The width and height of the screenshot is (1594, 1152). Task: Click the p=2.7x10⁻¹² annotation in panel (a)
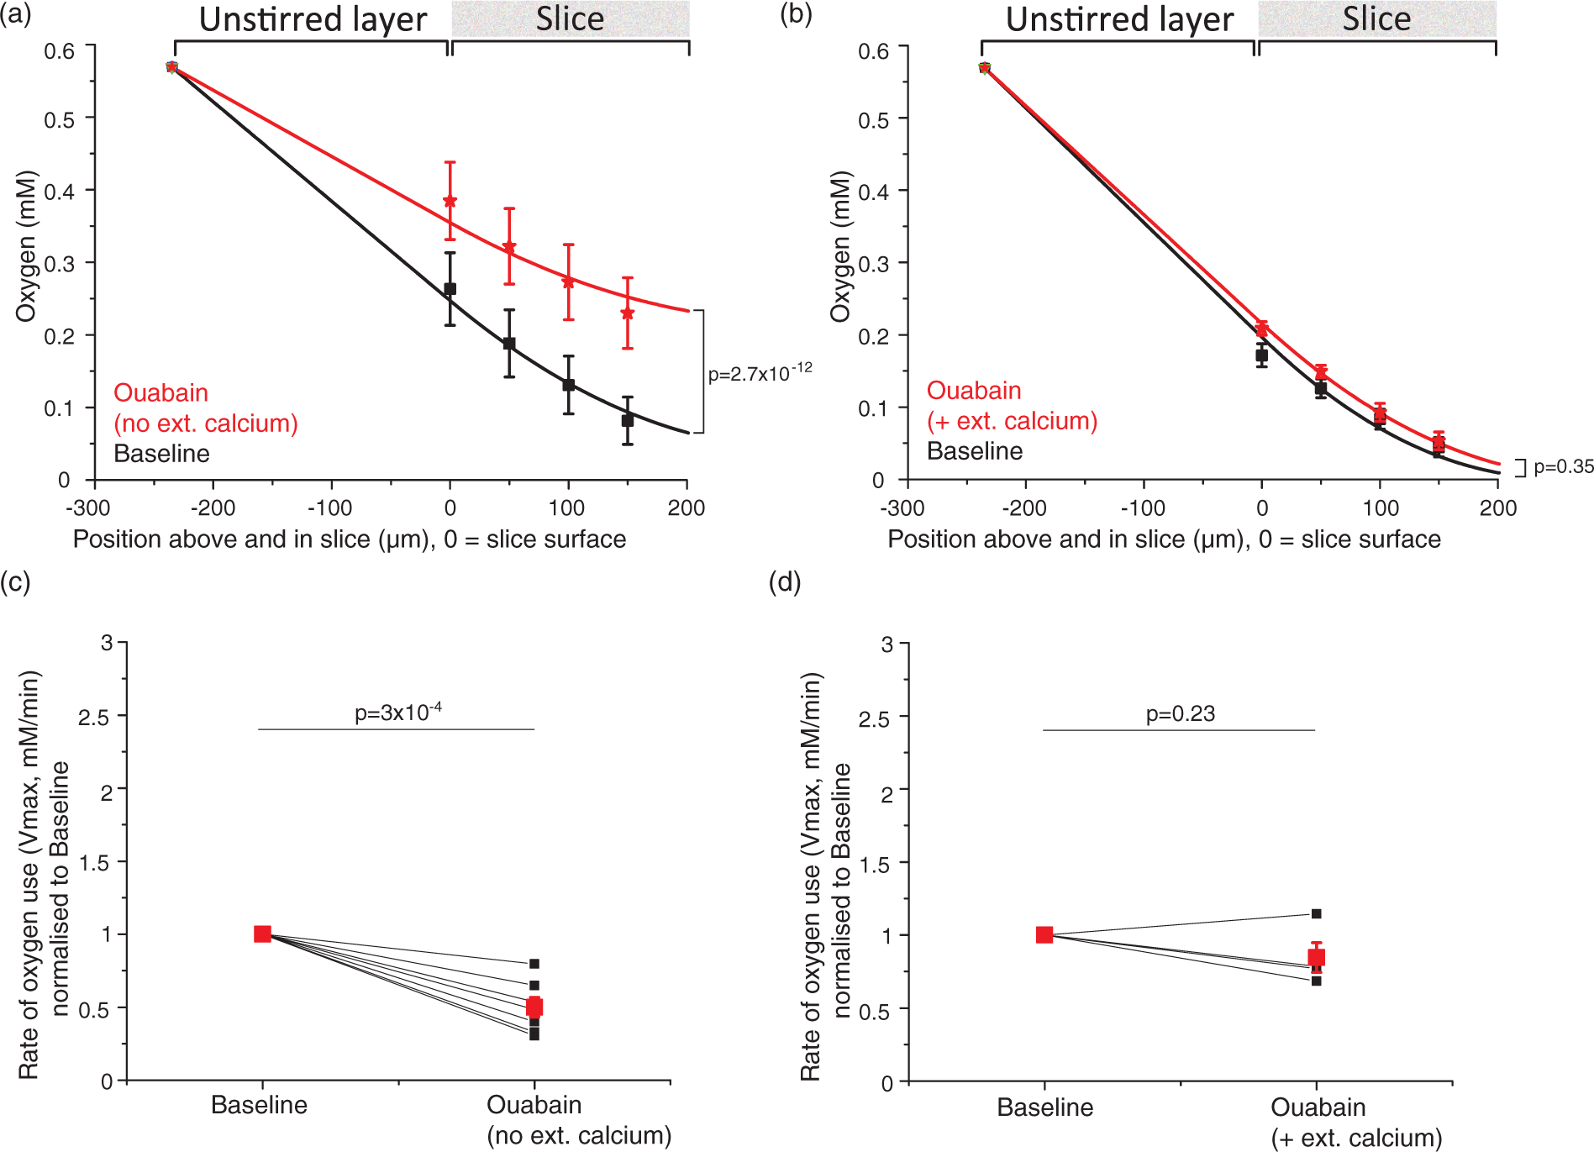[x=760, y=372]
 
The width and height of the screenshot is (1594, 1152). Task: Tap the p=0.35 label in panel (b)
[x=1564, y=467]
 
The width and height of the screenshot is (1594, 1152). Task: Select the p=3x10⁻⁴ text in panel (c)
[x=398, y=713]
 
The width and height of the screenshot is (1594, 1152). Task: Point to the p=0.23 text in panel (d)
[x=1181, y=714]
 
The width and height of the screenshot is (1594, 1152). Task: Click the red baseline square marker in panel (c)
[x=262, y=934]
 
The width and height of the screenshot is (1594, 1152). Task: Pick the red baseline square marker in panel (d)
[x=1044, y=934]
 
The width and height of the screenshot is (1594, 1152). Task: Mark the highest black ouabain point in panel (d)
[x=1316, y=913]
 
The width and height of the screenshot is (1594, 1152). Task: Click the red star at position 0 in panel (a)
[x=450, y=201]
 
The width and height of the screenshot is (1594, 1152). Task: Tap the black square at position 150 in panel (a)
[x=628, y=420]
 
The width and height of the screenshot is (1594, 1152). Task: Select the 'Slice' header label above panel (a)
[x=570, y=18]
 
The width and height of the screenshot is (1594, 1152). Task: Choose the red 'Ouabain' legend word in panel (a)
[x=160, y=392]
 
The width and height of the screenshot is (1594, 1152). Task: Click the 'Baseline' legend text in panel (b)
[x=975, y=451]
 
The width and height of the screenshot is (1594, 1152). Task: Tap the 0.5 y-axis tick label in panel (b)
[x=872, y=120]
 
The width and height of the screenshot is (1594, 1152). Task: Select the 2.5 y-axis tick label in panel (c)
[x=93, y=717]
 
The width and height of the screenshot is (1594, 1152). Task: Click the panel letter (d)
[x=785, y=581]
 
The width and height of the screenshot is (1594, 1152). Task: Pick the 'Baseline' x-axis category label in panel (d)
[x=1044, y=1107]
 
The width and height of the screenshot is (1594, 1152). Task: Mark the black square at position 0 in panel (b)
[x=1261, y=355]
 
